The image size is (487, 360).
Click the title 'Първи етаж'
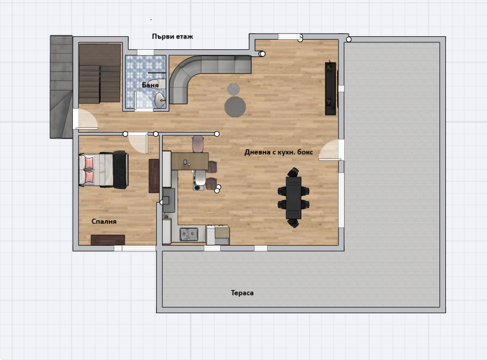coord(173,37)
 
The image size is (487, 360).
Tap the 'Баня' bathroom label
coord(150,85)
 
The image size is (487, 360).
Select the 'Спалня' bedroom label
coord(104,221)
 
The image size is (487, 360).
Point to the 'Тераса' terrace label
coord(242,293)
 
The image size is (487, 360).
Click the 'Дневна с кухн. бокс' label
coord(279,152)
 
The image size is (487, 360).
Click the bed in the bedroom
coord(104,170)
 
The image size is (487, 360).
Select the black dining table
coord(293,198)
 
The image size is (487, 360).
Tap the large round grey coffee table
coord(235,107)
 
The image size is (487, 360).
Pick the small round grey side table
coord(233,89)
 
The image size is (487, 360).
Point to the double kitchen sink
coord(189,233)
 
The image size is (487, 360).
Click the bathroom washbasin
coord(160,100)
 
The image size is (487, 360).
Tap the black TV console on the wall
coord(331,89)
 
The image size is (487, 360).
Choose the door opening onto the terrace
coord(331,150)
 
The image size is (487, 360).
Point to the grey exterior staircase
coord(61,87)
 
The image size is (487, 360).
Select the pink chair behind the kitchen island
coord(198,144)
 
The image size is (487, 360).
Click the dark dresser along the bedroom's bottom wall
coord(108,240)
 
